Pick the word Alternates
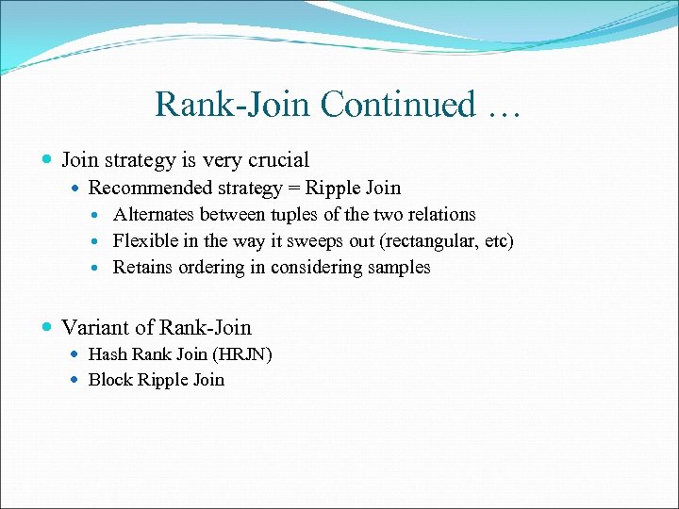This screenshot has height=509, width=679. click(154, 214)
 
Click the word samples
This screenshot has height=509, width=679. click(398, 267)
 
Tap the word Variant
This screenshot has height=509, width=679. click(93, 327)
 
